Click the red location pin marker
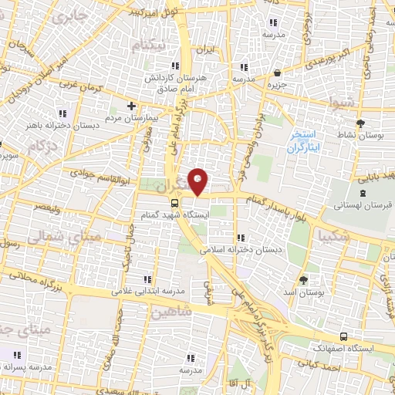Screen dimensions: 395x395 (x=199, y=181)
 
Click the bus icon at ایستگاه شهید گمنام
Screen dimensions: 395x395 (x=175, y=202)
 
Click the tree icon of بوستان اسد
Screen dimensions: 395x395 (x=303, y=280)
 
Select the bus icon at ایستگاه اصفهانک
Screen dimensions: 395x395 (x=343, y=336)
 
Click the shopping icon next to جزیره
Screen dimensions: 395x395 (x=277, y=73)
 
